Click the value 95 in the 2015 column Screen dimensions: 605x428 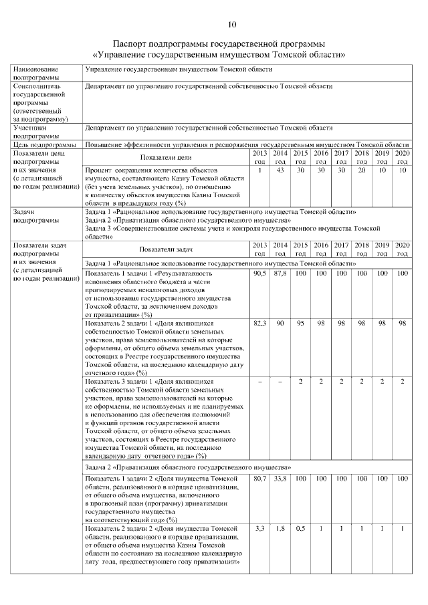[301, 323]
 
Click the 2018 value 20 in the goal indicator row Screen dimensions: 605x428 [362, 170]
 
